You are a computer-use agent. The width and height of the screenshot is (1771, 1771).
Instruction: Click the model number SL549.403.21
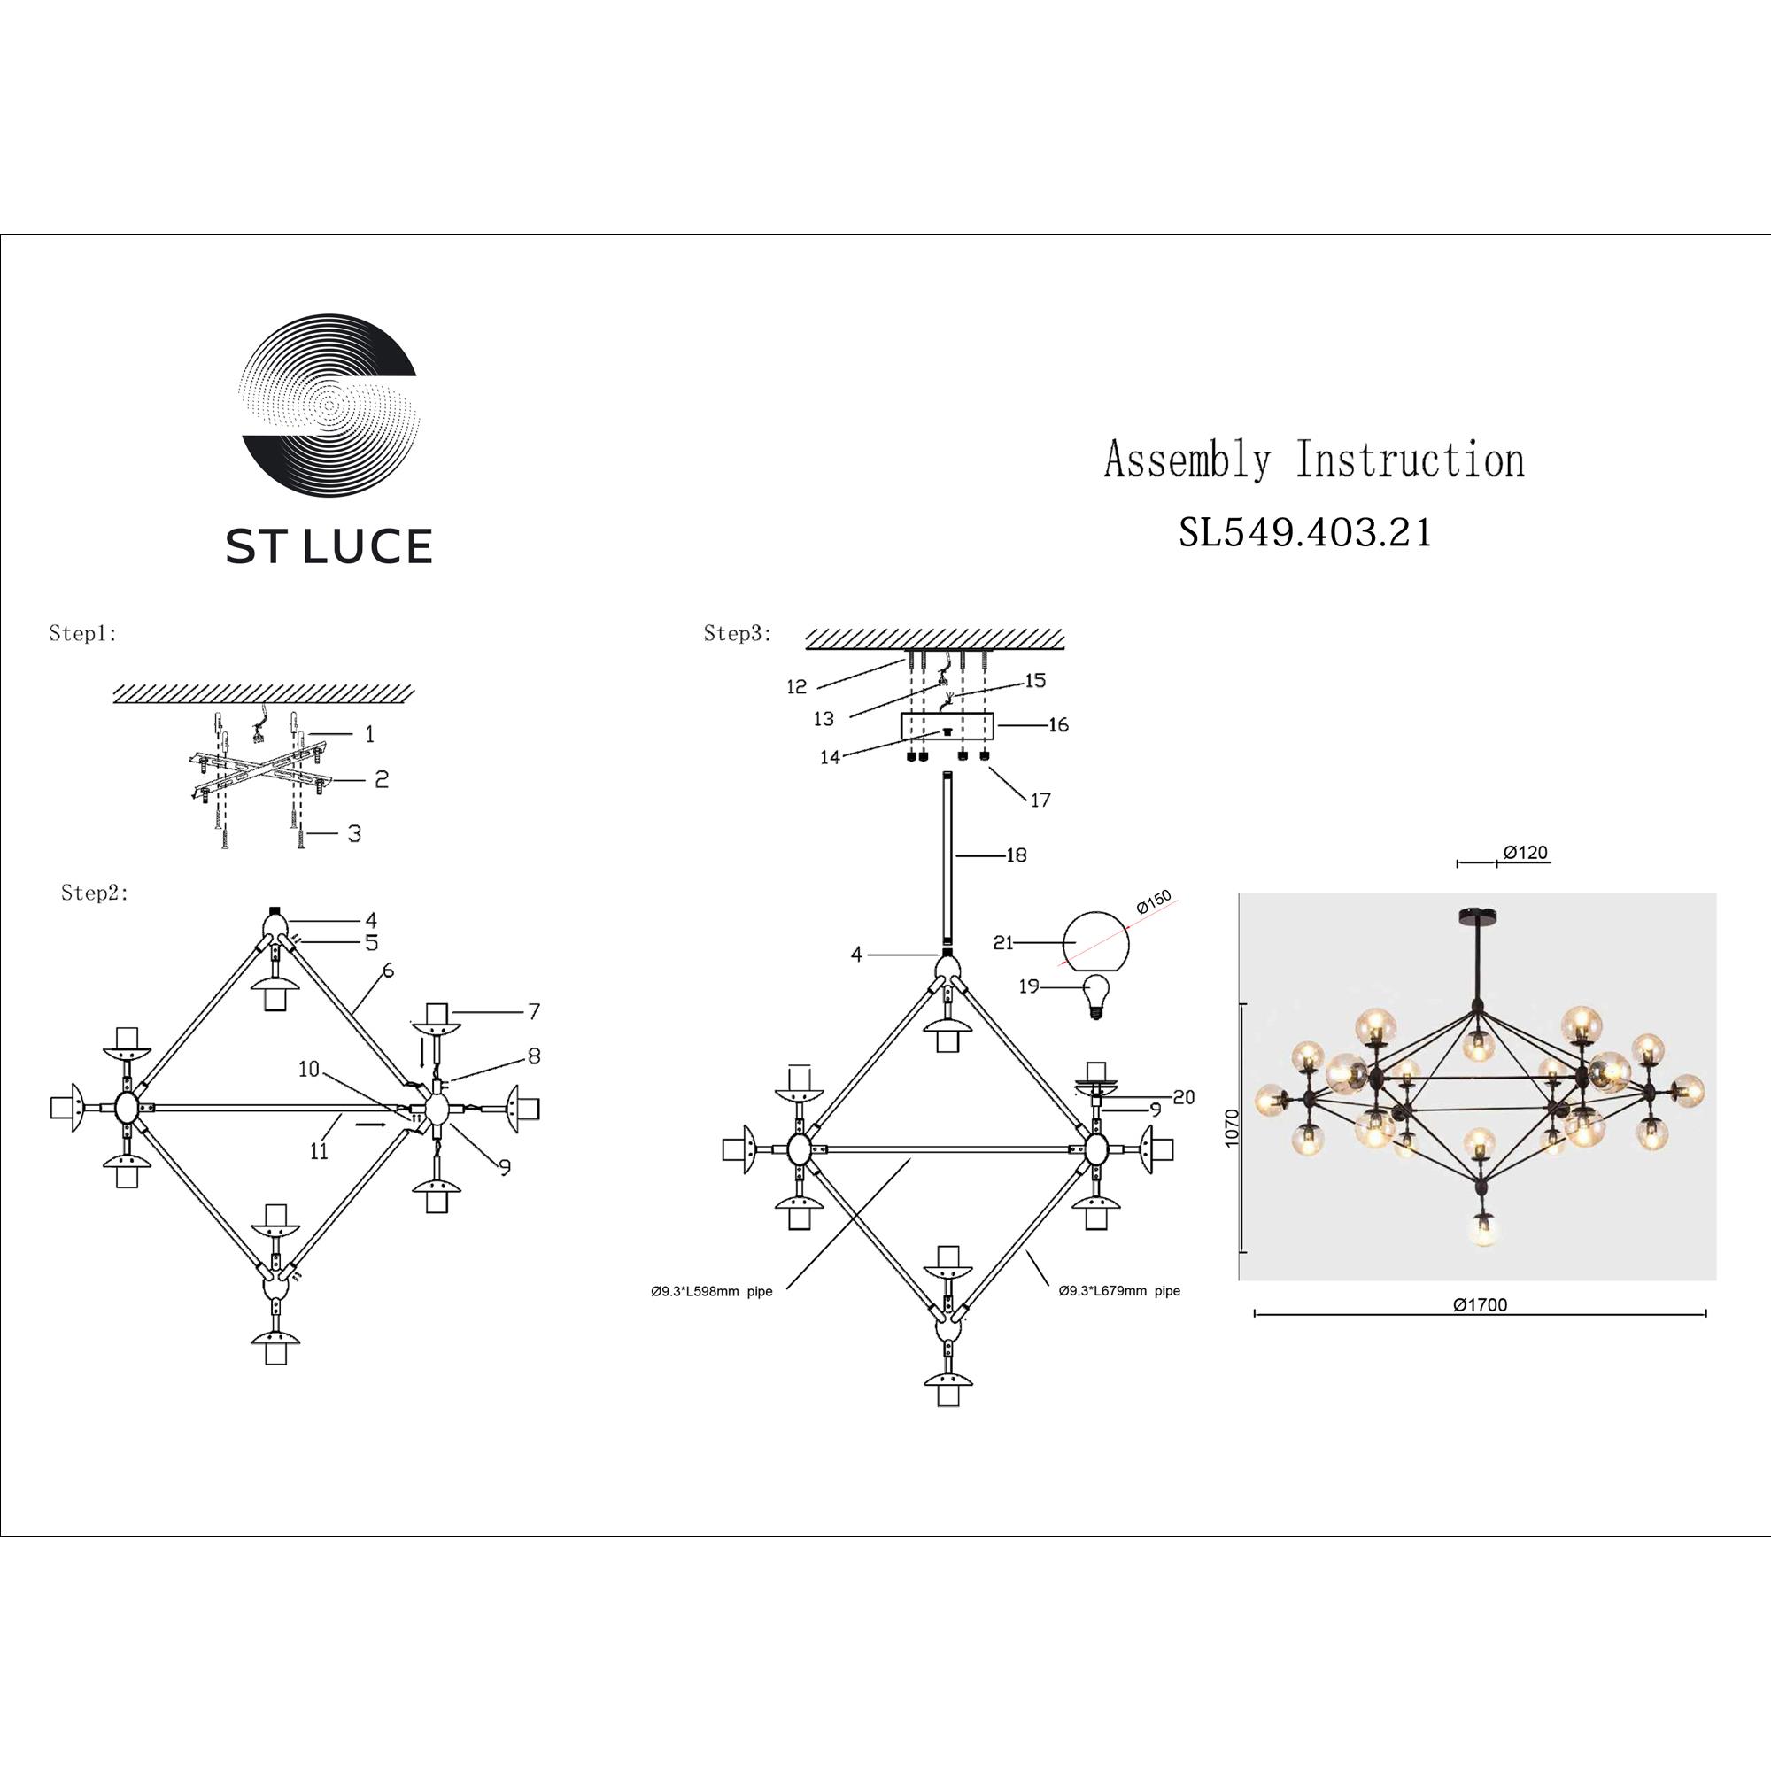1304,532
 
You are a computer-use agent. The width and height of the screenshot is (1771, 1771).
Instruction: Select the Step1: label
83,633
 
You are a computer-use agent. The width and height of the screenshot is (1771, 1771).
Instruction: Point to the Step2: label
96,893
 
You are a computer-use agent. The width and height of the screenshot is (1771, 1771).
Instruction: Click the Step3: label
738,633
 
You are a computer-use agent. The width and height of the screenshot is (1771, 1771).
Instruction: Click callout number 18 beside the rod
1016,855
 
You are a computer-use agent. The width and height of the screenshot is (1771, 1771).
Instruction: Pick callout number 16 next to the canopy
1058,725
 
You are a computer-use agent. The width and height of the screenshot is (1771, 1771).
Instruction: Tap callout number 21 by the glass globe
1004,942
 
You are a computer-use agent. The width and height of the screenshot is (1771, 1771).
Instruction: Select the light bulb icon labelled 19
1095,995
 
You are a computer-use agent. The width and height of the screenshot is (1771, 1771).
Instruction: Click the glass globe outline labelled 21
1095,941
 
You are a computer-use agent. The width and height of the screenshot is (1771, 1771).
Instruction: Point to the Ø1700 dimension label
1480,1305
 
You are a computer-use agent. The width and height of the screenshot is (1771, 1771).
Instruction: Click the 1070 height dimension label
1231,1126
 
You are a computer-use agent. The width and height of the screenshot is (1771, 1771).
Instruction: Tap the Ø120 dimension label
1526,853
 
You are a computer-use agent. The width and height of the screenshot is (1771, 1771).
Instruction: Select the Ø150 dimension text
1153,902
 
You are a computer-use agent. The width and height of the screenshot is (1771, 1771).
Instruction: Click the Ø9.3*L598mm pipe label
711,1292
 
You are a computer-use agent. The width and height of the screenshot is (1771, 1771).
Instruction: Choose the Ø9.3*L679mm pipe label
1119,1291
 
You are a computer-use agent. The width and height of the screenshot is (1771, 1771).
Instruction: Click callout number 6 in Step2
389,971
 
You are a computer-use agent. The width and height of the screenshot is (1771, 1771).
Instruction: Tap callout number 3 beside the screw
354,833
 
